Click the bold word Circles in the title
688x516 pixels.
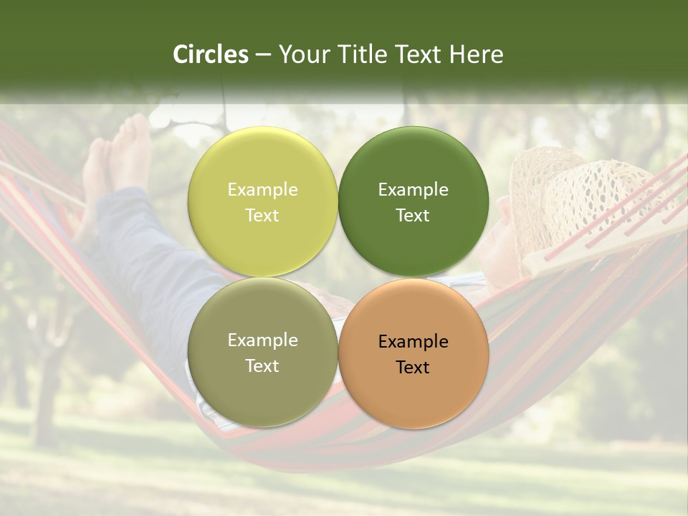[211, 54]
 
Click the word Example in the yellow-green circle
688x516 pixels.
[262, 190]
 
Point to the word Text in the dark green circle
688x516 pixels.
[413, 216]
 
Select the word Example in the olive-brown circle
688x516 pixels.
[262, 340]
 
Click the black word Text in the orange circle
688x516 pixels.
[413, 368]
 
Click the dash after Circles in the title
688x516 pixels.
[263, 54]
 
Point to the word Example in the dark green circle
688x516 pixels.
[413, 190]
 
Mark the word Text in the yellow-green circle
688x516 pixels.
[262, 216]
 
